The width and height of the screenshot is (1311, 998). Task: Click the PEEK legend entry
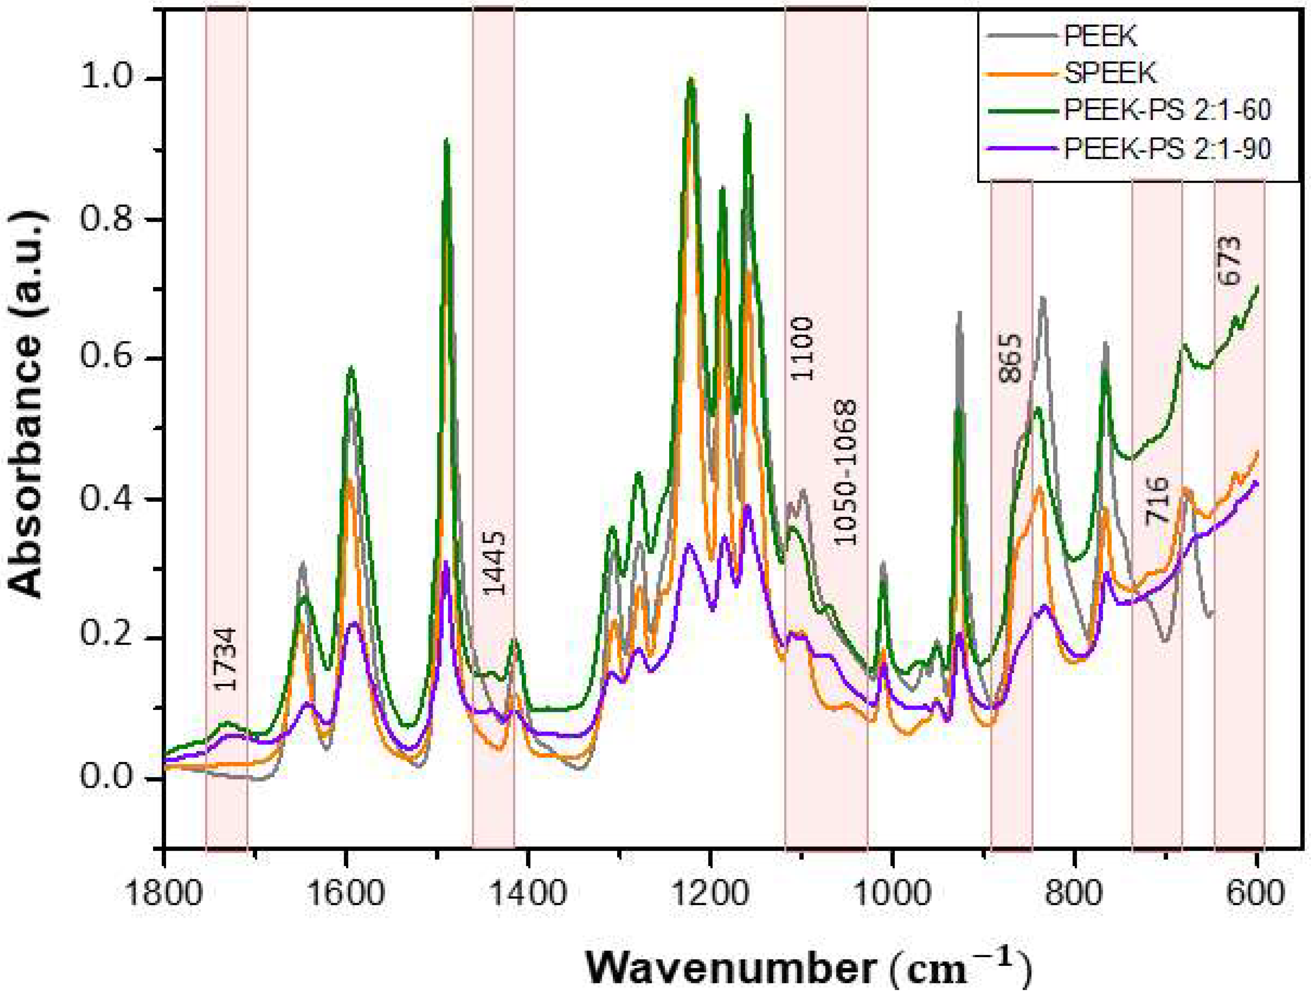pos(1100,37)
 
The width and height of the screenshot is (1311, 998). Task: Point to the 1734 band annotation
pos(225,658)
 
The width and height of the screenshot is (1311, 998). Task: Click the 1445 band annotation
pos(494,563)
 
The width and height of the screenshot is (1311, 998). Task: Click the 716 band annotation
pos(1156,500)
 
